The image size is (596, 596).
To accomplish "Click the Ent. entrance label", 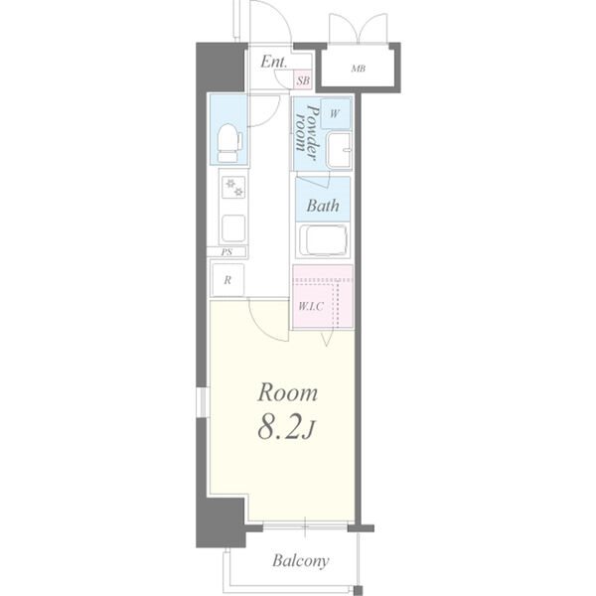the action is pyautogui.click(x=273, y=62).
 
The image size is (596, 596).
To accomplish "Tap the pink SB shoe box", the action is pyautogui.click(x=303, y=80).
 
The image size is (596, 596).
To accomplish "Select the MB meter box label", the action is pyautogui.click(x=358, y=69).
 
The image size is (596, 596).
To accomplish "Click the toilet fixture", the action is pyautogui.click(x=229, y=142).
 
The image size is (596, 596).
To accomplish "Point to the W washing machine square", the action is pyautogui.click(x=336, y=113).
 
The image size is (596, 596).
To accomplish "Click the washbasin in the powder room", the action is pyautogui.click(x=339, y=150).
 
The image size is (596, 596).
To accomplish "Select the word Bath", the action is pyautogui.click(x=322, y=206).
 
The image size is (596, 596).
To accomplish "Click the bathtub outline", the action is pyautogui.click(x=323, y=240).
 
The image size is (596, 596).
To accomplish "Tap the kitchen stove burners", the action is pyautogui.click(x=233, y=188).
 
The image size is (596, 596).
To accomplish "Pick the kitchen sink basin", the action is pyautogui.click(x=233, y=228).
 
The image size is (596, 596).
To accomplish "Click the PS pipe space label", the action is pyautogui.click(x=226, y=252).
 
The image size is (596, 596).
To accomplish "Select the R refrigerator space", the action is pyautogui.click(x=227, y=280).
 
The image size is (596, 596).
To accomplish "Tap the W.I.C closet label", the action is pyautogui.click(x=311, y=306).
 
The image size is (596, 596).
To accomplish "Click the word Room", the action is pyautogui.click(x=287, y=393).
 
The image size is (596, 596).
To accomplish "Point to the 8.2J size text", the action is pyautogui.click(x=286, y=428).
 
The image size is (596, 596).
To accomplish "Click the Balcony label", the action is pyautogui.click(x=300, y=561).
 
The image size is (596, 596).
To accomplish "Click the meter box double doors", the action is pyautogui.click(x=358, y=29).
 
